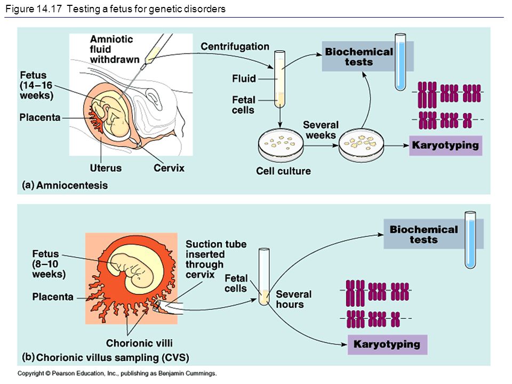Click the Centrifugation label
point(235,47)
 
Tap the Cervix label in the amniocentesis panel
point(169,168)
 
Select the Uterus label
point(106,168)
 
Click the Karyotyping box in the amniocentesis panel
point(445,145)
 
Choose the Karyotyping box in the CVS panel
point(387,345)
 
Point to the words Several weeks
point(321,130)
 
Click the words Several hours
point(293,299)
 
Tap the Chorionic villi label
point(139,343)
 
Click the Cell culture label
point(283,171)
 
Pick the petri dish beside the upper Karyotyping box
point(361,145)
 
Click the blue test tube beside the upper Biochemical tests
point(401,62)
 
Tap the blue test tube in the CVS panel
point(470,239)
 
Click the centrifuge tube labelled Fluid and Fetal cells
point(280,79)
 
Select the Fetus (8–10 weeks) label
point(49,264)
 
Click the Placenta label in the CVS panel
point(53,297)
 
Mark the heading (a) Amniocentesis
point(65,185)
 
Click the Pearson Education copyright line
point(117,373)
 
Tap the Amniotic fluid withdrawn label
point(114,49)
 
